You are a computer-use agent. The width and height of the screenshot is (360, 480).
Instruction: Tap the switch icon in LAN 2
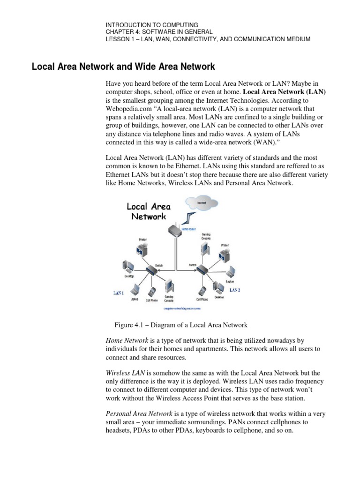tap(202, 270)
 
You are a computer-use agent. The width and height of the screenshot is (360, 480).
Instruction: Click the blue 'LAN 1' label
tap(119, 293)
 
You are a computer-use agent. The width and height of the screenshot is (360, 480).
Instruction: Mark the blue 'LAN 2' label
tap(235, 290)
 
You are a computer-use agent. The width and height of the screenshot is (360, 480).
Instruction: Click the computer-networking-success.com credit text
tap(181, 309)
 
